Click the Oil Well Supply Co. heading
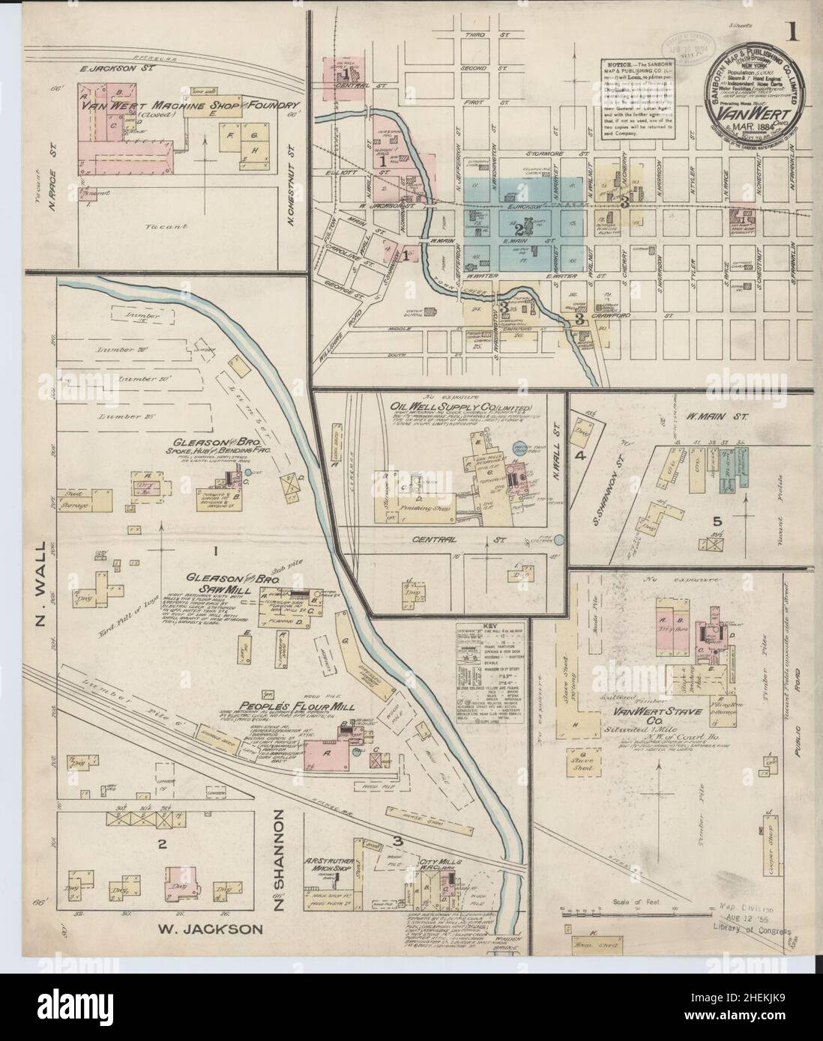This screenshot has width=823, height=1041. [460, 406]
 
